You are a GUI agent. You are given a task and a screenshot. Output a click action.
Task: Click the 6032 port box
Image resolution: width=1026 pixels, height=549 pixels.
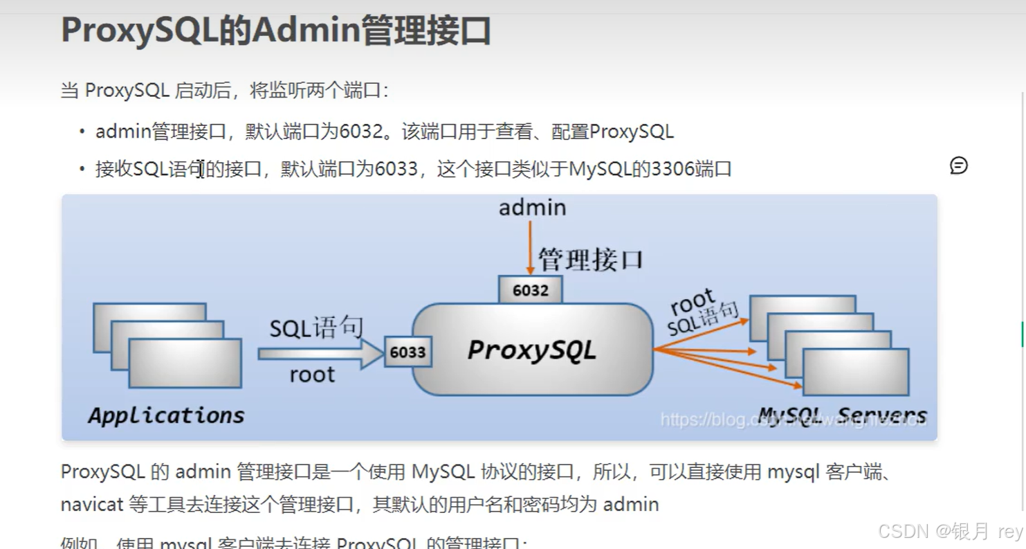[530, 290]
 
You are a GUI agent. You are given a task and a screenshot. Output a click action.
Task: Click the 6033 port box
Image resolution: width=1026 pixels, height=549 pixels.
[407, 352]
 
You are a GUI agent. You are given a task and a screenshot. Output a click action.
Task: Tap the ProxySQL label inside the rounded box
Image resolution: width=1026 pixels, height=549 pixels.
[531, 350]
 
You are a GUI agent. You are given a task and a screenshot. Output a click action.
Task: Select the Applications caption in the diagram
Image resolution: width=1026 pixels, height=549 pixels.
[166, 415]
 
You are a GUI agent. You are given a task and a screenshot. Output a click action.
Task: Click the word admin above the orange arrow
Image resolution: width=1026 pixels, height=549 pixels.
[532, 208]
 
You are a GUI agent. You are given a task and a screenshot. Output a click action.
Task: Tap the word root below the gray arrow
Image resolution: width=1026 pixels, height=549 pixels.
[312, 375]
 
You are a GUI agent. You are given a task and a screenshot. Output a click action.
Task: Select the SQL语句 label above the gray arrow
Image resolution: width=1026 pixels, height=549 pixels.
[316, 327]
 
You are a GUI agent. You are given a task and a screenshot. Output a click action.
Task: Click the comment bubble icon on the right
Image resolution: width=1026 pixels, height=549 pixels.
[958, 165]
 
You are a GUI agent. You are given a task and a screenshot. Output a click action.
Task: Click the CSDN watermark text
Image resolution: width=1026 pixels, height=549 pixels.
[903, 531]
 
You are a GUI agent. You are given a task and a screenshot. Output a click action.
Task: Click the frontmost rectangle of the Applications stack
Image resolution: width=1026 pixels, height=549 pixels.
[185, 363]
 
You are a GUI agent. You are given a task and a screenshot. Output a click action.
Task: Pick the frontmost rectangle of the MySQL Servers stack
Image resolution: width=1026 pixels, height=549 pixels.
[855, 372]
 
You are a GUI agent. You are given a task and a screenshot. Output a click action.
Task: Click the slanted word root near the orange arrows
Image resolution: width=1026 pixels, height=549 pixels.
[693, 303]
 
